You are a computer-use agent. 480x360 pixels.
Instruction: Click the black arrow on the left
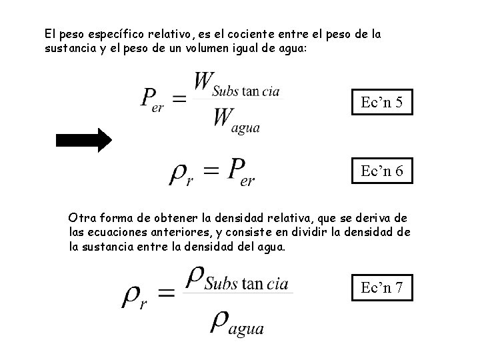pos(84,140)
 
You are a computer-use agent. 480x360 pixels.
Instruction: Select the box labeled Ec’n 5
pos(381,103)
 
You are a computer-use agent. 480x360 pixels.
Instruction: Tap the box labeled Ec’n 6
pos(381,171)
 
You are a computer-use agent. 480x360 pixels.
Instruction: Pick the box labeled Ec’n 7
pos(381,287)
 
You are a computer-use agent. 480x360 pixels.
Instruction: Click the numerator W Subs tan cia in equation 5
pos(237,85)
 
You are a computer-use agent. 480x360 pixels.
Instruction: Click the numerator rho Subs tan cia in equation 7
pos(237,279)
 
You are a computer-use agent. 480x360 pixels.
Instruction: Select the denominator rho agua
pos(237,322)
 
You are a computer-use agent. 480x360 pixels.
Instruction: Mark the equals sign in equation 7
pos(166,293)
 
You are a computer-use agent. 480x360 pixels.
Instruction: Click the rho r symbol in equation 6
pos(181,174)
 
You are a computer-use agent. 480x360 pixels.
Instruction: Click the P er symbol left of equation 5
pos(153,101)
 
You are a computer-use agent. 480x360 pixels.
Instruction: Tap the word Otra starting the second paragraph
pos(82,219)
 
